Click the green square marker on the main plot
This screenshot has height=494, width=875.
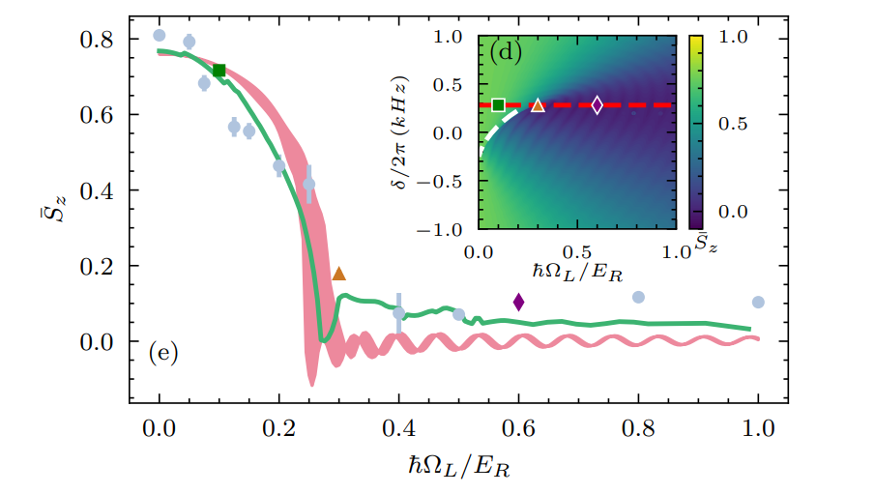click(x=219, y=71)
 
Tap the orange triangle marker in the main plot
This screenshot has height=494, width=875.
click(x=338, y=275)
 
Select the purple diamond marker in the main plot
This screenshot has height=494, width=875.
click(x=518, y=302)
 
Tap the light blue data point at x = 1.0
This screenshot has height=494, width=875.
click(x=758, y=303)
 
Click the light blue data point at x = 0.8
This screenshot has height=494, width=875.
click(x=638, y=297)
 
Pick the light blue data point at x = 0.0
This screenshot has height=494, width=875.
click(x=160, y=36)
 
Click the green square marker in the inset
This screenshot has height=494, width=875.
click(x=499, y=104)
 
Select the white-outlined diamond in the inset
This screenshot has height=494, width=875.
click(x=597, y=104)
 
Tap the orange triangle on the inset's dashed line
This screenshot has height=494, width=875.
click(x=538, y=105)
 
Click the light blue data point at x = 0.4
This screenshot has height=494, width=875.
click(x=398, y=313)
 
